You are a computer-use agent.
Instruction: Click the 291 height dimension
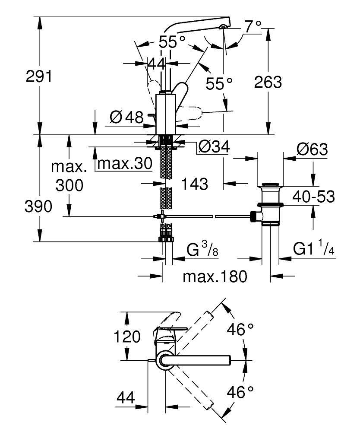(39, 77)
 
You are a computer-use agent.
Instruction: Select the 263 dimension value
(268, 82)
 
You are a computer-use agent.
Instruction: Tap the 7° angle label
(253, 27)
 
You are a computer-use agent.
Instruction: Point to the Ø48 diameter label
(126, 117)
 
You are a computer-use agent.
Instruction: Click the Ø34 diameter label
(213, 148)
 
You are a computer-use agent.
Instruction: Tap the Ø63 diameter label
(312, 150)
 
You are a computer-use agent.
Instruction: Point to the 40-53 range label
(313, 197)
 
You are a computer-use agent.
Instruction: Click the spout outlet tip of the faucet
(222, 27)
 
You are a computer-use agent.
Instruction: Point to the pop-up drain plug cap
(271, 186)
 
